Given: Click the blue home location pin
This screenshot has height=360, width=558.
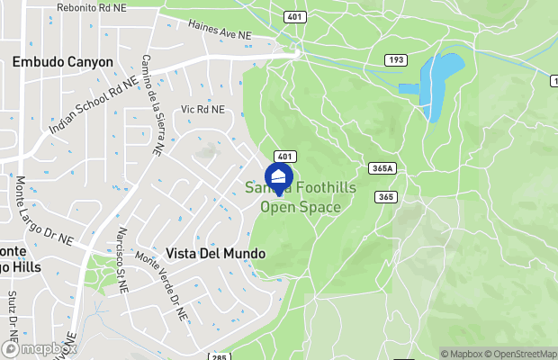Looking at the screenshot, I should click(278, 176).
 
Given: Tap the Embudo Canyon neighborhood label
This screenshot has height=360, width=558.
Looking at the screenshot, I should click(63, 62).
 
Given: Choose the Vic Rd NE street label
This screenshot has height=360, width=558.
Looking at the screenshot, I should click(201, 110).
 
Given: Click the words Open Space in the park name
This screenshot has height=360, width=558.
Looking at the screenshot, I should click(301, 207).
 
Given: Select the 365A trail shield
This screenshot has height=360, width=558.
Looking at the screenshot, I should click(382, 168).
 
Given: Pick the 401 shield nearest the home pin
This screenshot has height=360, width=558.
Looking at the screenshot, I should click(282, 157).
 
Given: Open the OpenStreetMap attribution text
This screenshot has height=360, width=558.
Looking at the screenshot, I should click(527, 354).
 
